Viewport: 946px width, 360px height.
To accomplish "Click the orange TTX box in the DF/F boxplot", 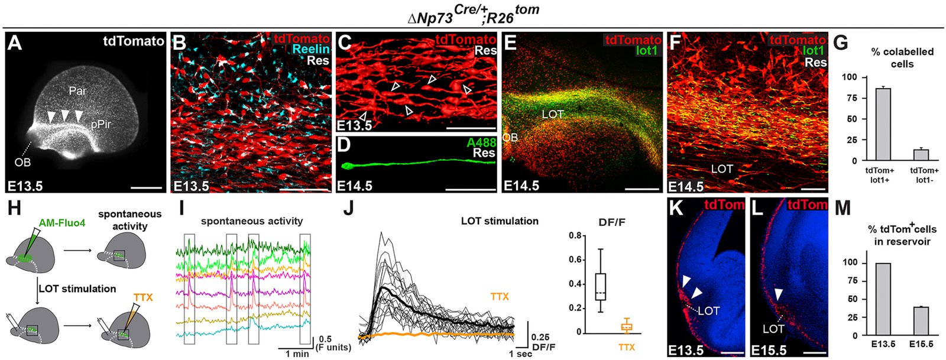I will pyautogui.click(x=626, y=326).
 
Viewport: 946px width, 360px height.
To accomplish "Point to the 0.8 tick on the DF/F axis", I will pyautogui.click(x=572, y=236).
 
